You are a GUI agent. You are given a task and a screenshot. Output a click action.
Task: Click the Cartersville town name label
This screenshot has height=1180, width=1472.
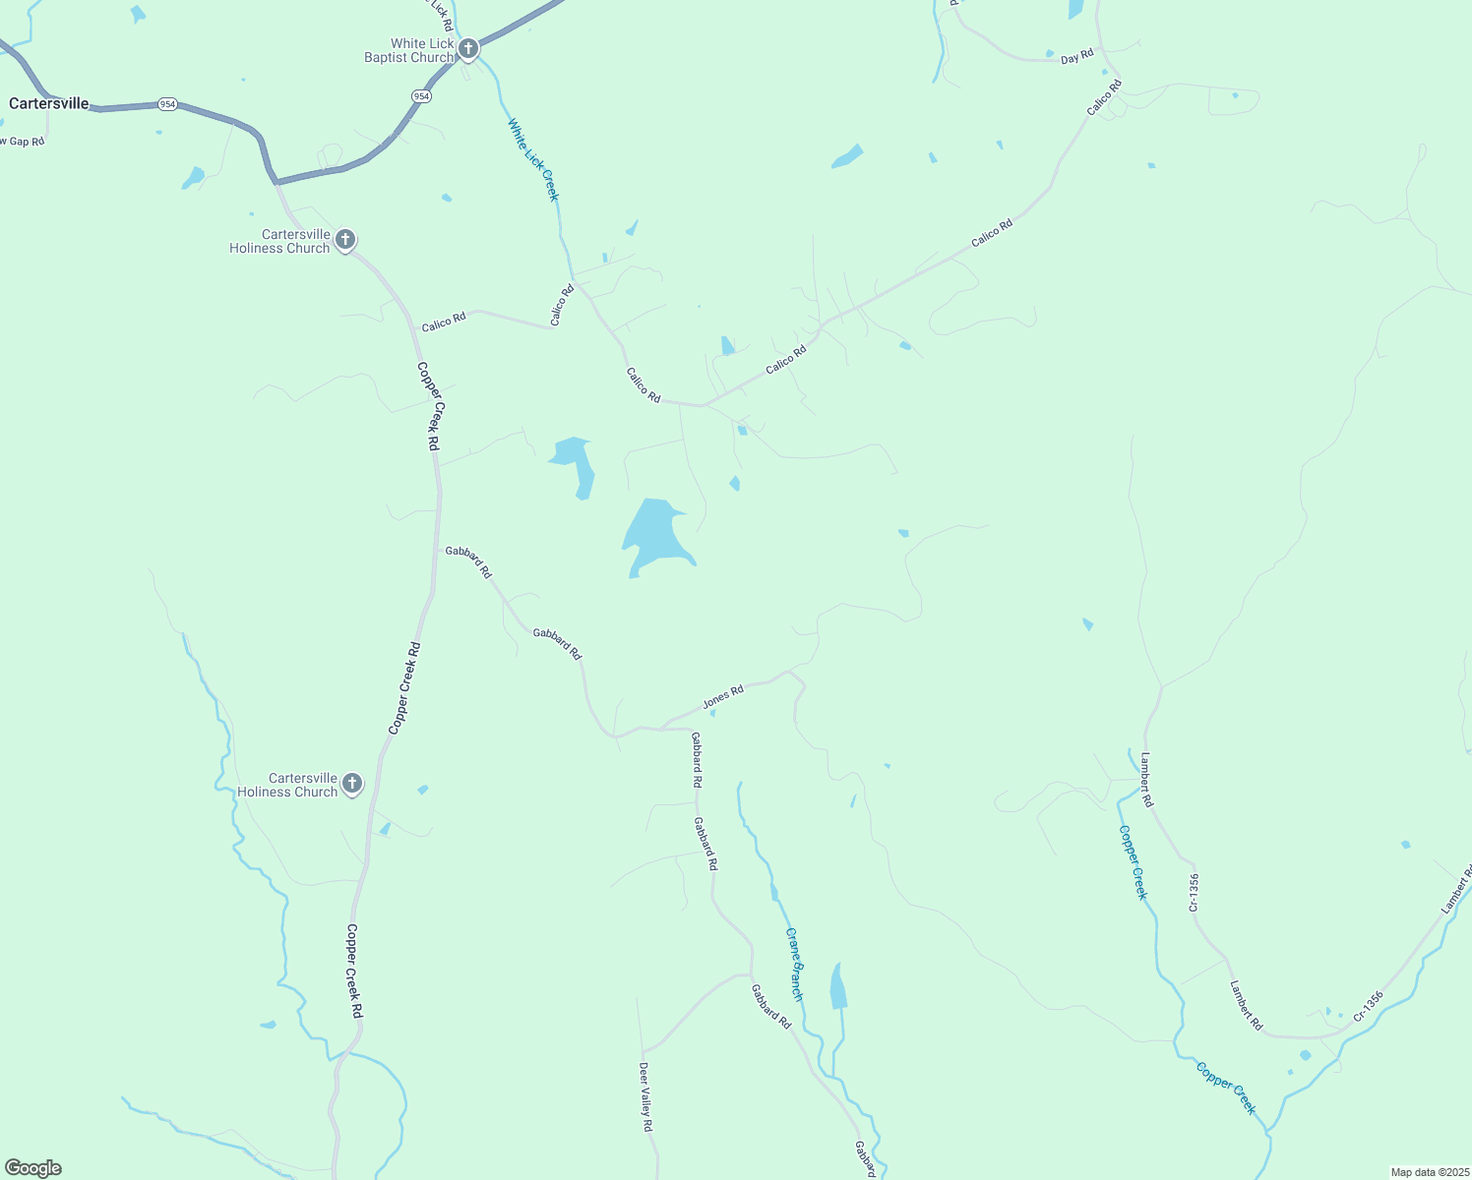tap(49, 103)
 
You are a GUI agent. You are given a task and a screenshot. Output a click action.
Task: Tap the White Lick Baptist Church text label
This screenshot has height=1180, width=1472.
tap(409, 50)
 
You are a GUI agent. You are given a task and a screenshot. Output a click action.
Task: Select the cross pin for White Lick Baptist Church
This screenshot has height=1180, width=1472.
tap(468, 48)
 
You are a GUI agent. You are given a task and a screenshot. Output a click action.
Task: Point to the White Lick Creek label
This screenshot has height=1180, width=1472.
tap(533, 159)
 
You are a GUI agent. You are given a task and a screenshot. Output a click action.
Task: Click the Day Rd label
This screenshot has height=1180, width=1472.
tap(1076, 58)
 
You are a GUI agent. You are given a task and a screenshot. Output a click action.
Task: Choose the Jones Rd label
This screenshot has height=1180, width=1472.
tap(722, 697)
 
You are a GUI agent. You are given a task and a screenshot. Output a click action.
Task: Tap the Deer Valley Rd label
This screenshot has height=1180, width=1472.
tap(645, 1096)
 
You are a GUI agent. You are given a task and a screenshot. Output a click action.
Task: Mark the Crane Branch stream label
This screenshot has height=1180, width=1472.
tap(794, 964)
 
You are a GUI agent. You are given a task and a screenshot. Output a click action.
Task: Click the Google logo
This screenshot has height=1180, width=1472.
tap(33, 1168)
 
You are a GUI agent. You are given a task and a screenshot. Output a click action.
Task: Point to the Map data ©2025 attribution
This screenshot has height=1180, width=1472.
tap(1429, 1172)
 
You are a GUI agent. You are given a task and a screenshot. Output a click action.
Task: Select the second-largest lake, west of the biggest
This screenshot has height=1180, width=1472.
tap(575, 464)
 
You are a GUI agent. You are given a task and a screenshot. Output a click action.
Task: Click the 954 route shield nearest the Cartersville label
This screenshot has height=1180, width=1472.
tap(168, 104)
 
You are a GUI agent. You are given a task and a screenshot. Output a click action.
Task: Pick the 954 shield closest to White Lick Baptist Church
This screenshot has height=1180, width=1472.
tap(421, 95)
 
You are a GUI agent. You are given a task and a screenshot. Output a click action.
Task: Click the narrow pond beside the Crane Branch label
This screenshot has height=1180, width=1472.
tap(838, 986)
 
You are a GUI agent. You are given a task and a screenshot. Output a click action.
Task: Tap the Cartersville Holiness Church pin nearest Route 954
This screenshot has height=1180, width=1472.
tap(344, 239)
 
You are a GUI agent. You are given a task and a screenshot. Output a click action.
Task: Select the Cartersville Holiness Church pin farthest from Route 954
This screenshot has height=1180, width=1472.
tap(352, 784)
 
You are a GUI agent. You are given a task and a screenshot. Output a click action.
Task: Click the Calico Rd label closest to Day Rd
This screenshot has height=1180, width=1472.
tap(1105, 98)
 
